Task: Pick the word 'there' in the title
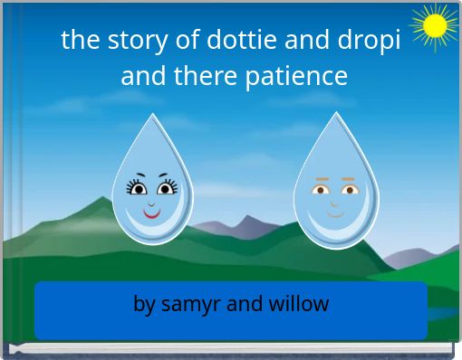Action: (208, 76)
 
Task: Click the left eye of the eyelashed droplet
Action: (139, 189)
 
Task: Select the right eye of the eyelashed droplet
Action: (167, 189)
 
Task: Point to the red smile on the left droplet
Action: (152, 216)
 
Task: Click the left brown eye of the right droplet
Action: (322, 190)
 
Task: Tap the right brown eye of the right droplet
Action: (349, 190)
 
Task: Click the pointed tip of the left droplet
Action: (153, 117)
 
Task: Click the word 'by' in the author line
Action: (144, 304)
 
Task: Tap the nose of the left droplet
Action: (152, 203)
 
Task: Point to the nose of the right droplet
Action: (335, 203)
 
